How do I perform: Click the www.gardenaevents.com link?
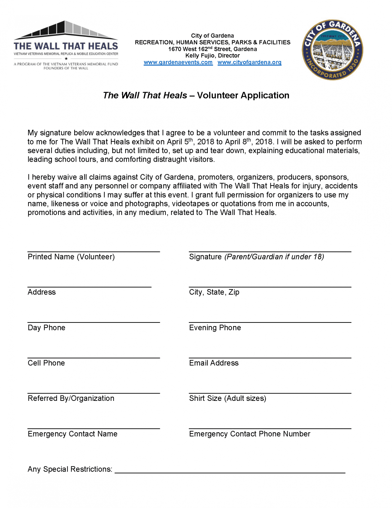pos(178,62)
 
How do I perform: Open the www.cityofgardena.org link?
pos(249,62)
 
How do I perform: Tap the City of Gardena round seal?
pos(332,50)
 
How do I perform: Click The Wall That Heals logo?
pos(66,45)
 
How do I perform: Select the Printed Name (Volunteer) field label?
pos(71,257)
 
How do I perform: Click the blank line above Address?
pos(89,286)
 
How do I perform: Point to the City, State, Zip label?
pos(214,292)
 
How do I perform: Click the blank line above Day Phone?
pos(93,322)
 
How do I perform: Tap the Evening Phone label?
pos(215,328)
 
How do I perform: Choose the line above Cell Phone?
pos(93,358)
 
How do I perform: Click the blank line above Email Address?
pos(270,358)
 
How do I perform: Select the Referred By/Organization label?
pos(71,399)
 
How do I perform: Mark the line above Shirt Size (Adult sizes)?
pos(270,393)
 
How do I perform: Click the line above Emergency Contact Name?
pos(93,428)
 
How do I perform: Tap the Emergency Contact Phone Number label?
pos(250,434)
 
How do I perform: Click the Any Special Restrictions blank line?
pos(230,473)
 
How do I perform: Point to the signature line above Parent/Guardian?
pos(270,251)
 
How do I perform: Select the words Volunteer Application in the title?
pos(243,96)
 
